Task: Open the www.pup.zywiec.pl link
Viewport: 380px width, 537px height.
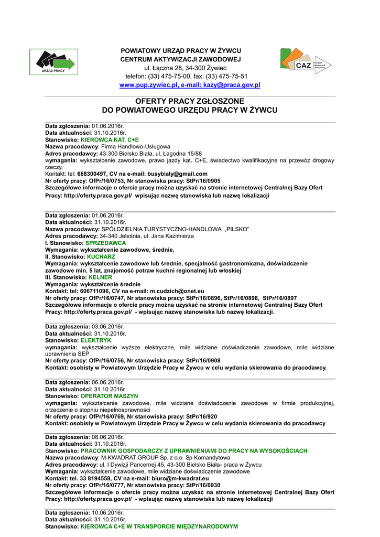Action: point(149,85)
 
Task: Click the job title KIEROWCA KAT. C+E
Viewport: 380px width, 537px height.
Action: point(110,140)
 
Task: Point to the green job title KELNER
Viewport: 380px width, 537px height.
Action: point(101,277)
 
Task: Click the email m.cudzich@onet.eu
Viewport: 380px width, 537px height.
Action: point(177,291)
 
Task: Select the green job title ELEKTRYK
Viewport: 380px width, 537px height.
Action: point(96,340)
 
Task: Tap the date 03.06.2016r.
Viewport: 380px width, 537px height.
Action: point(108,327)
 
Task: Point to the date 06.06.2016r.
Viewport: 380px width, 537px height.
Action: point(108,382)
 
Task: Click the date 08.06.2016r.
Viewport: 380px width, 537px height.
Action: point(108,437)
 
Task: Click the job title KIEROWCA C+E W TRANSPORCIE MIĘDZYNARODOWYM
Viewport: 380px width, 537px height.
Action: point(159,526)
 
